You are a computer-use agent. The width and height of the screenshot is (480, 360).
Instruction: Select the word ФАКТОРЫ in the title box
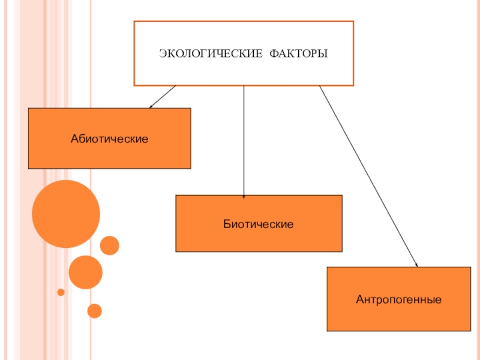pyautogui.click(x=298, y=55)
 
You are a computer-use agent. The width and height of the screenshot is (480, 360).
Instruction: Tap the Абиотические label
pyautogui.click(x=109, y=139)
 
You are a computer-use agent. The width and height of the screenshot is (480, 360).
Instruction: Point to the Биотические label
pyautogui.click(x=259, y=224)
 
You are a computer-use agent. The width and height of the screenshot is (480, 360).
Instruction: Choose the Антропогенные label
pyautogui.click(x=398, y=298)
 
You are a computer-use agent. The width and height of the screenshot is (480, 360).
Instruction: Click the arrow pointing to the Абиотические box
pyautogui.click(x=163, y=96)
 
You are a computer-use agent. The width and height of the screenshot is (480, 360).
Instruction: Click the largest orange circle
pyautogui.click(x=66, y=214)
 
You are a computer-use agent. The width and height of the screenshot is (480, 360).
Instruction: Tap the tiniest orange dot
pyautogui.click(x=61, y=292)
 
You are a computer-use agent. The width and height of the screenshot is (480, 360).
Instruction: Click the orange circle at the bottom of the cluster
pyautogui.click(x=94, y=311)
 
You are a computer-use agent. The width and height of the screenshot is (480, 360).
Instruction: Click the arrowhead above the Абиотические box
pyautogui.click(x=151, y=107)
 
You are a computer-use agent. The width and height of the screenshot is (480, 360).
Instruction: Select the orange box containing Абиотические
pyautogui.click(x=109, y=156)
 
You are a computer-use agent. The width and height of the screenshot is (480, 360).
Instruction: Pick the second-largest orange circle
pyautogui.click(x=86, y=272)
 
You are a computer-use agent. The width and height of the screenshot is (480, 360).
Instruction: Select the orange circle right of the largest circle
pyautogui.click(x=109, y=245)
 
